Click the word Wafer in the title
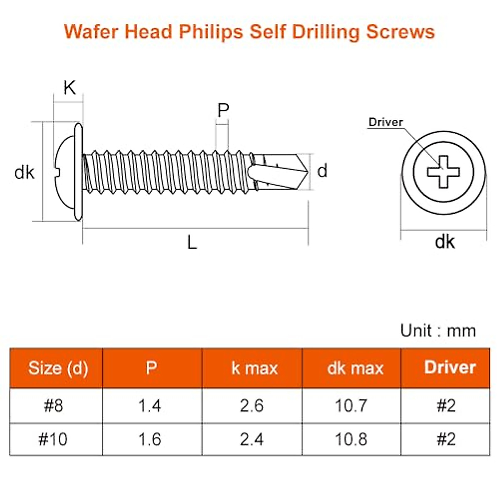coord(91,32)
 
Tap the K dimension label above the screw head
coord(69,88)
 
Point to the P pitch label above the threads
coord(223,111)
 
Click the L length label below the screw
coord(192,242)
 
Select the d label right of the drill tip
coord(322,171)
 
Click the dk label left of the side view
coord(24,172)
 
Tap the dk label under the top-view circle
coord(445,242)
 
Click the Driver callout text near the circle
coord(386,122)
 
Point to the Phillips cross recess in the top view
coord(444,172)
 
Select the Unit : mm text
coord(438,331)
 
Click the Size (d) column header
coord(58,368)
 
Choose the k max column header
coord(254,368)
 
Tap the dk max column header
coord(355,368)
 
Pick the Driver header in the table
coord(450,368)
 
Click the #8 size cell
coord(54,405)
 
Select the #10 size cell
coord(53,439)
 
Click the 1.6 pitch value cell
coord(149,439)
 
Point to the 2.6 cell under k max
coord(252,405)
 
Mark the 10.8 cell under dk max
coord(351,439)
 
